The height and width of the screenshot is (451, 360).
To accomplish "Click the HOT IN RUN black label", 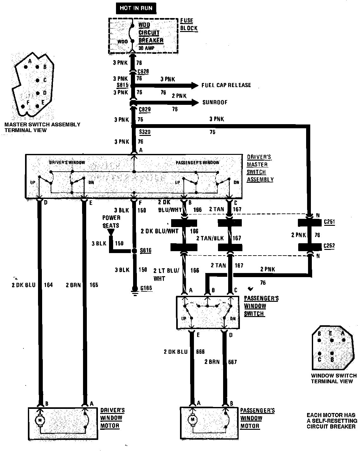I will coord(136,8).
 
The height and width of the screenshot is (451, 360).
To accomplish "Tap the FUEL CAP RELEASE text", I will coord(226,85).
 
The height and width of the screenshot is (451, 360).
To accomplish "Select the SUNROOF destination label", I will coord(215,103).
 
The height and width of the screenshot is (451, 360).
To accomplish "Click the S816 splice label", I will coord(146,251).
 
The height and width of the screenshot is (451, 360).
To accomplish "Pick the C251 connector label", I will coord(329,222).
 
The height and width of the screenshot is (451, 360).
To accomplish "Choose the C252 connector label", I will coord(329,246).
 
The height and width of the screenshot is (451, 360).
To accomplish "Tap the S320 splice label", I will coord(145,131).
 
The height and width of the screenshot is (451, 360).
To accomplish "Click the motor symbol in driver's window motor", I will coord(40,420).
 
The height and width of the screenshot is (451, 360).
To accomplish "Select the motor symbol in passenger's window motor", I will coord(192,420).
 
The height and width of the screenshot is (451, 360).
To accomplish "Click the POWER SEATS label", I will coord(111,222).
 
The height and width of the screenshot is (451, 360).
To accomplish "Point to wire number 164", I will coord(48,285).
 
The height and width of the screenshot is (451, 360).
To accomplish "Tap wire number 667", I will coord(232,362).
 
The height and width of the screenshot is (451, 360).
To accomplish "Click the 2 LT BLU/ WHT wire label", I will coord(166,274).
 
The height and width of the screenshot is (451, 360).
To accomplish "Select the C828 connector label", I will coord(143,72).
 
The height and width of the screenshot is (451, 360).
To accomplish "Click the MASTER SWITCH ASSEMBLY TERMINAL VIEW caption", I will coord(42,127).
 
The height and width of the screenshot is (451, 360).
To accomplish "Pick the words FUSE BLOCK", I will coord(189,24).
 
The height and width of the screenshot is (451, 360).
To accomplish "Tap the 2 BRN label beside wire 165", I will coord(73,285).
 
